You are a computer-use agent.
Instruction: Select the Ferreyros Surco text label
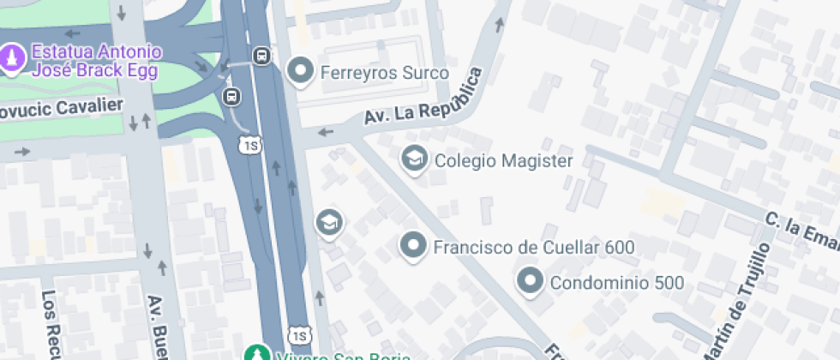384,73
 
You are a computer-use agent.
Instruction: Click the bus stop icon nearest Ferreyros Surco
261,57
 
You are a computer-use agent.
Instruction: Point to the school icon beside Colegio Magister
415,159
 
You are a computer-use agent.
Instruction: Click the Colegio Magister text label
503,160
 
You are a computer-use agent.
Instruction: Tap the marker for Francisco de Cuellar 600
414,247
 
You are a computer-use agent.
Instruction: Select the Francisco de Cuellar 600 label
533,248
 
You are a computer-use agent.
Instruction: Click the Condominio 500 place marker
531,282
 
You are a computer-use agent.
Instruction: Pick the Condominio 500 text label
616,283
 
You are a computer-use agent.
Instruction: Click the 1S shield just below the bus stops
249,145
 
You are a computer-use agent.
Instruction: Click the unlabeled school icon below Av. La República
328,224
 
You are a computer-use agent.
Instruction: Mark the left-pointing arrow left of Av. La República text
326,132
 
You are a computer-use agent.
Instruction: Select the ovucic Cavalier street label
62,107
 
